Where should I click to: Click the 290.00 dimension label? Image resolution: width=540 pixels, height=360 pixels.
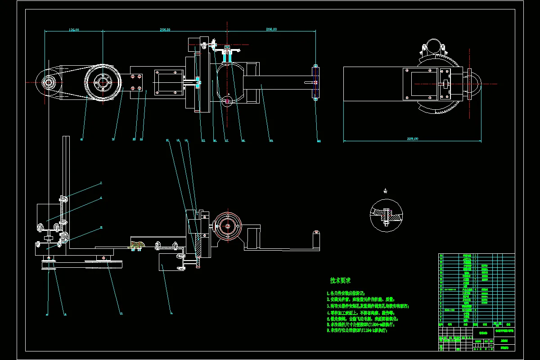tap(165, 30)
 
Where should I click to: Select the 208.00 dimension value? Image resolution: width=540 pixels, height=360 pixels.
tap(271, 30)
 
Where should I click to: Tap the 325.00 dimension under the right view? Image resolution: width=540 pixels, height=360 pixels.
tap(412, 139)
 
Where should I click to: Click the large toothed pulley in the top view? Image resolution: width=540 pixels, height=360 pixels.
tap(103, 83)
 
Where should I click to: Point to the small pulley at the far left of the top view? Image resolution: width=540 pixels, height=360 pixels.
tap(48, 82)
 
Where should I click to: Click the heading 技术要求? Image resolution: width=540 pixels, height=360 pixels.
tap(340, 281)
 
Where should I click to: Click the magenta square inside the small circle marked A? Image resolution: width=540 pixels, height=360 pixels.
tap(227, 101)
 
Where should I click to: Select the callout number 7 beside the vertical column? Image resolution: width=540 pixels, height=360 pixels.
tap(101, 184)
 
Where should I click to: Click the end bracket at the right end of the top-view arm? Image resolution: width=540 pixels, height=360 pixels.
tap(315, 82)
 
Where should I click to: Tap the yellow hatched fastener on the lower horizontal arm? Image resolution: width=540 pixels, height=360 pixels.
tap(136, 245)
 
